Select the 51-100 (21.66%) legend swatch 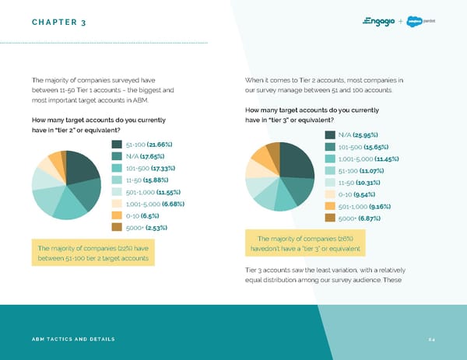click(x=117, y=145)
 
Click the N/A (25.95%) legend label click(x=359, y=135)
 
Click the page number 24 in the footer click(x=430, y=339)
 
